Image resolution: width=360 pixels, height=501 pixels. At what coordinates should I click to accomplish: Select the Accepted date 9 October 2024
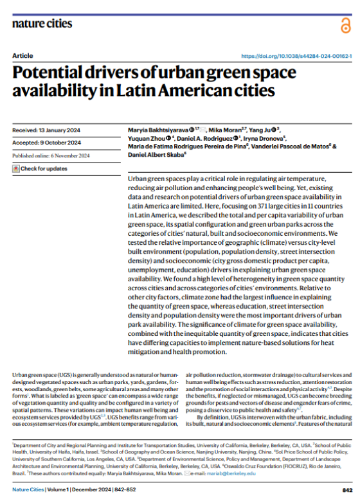[46, 143]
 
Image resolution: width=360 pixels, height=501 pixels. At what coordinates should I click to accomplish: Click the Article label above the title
[22, 57]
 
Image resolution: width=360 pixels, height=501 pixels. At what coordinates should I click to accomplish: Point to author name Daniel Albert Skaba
[154, 154]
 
